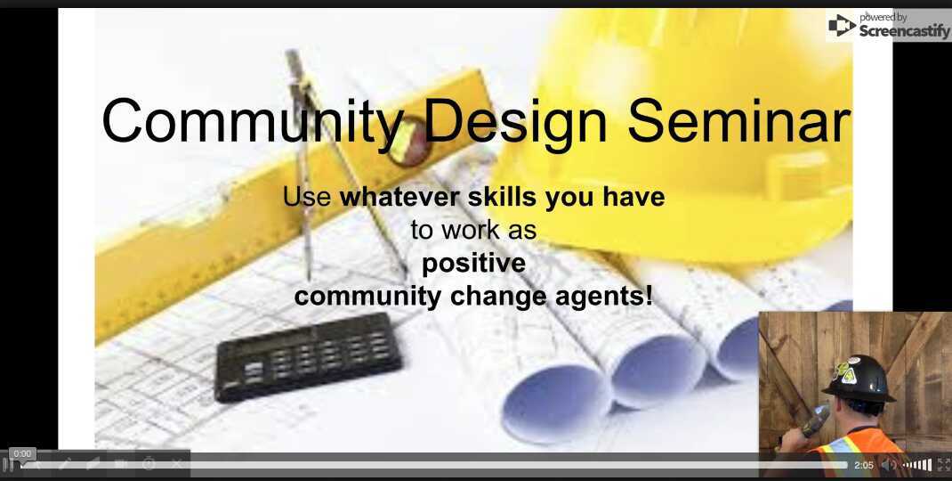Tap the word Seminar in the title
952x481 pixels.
(738, 120)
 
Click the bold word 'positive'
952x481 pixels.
(473, 264)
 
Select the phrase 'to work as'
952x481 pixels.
(473, 230)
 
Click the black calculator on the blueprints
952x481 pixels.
(308, 355)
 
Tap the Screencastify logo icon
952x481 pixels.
(841, 25)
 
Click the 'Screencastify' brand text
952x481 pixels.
(904, 31)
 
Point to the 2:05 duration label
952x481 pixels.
(863, 465)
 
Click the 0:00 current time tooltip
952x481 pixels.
(22, 454)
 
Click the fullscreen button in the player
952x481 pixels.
(943, 465)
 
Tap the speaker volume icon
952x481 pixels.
(887, 465)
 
